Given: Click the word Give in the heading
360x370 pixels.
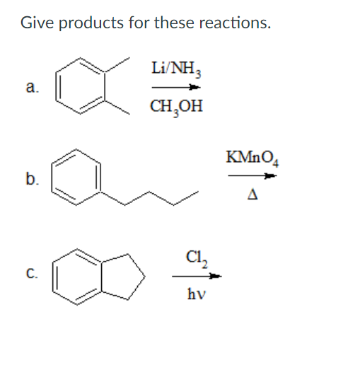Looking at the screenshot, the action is coord(37,23).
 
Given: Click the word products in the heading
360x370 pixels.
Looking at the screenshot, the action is coord(91,23).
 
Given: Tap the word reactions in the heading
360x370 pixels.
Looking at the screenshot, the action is coord(235,23).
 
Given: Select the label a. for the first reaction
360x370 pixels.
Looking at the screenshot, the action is coord(33,87).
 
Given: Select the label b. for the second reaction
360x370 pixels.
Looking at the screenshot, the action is coord(33,178).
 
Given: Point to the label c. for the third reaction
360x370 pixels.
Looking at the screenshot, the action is coord(32,273).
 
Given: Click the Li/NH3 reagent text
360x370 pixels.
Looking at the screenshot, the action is coord(176,69).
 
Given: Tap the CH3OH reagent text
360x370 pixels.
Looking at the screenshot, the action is coord(176,108).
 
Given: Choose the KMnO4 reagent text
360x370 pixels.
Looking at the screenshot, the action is coord(252,158).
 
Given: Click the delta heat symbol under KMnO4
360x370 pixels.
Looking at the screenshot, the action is coord(252,195).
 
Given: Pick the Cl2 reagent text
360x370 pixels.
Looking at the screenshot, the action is coord(197,259).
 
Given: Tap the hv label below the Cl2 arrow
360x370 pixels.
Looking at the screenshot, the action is coord(197,294).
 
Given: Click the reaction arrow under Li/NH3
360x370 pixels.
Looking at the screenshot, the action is coord(176,88).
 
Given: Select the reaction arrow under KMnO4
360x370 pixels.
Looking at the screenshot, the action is coord(252,175).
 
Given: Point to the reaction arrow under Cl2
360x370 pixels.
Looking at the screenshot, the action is coord(197,276).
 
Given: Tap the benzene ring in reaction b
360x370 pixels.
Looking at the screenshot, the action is coord(52,177).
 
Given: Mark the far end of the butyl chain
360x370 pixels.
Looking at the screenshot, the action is coord(198,192).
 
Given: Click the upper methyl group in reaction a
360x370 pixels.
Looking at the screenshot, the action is coord(117,64).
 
